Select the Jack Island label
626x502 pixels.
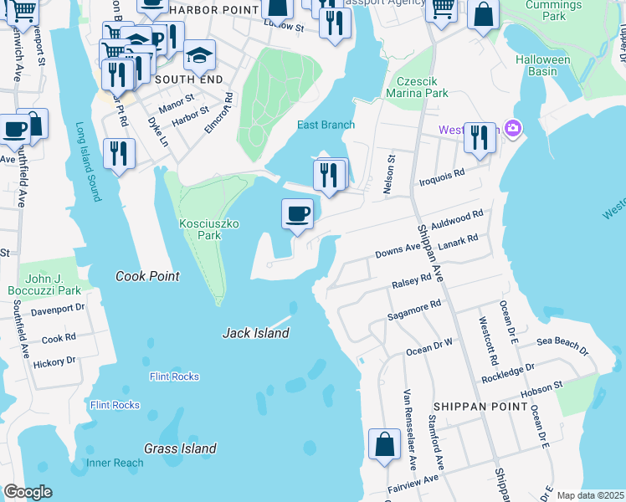tap(255, 333)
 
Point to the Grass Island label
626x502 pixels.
tap(180, 448)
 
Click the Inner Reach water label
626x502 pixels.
tap(115, 463)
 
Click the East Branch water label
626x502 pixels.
tap(326, 125)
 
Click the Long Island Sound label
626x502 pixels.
tap(89, 162)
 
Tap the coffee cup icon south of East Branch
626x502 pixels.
tap(297, 215)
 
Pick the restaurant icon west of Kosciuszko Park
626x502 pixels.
tap(120, 154)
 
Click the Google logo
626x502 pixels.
tap(28, 492)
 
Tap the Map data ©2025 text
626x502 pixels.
tap(589, 495)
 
